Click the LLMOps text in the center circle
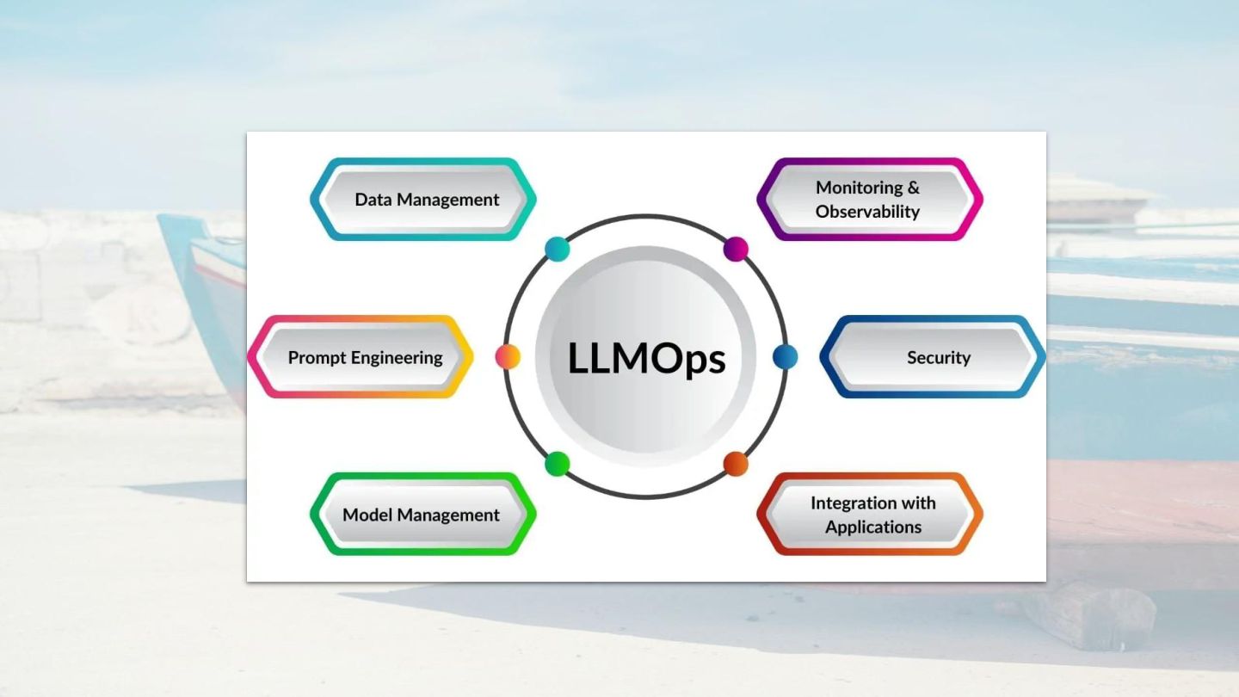(646, 358)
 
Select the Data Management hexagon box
(423, 199)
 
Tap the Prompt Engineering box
(361, 357)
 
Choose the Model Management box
(422, 515)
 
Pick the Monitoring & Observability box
(869, 199)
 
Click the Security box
(934, 357)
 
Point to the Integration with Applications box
(870, 515)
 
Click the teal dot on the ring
(558, 250)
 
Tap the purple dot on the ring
(736, 250)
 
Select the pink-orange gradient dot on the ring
(508, 356)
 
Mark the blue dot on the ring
(785, 356)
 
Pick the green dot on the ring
(558, 464)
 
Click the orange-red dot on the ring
(736, 464)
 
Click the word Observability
(867, 212)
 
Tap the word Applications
(873, 527)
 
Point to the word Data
(373, 200)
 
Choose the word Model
(367, 515)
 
